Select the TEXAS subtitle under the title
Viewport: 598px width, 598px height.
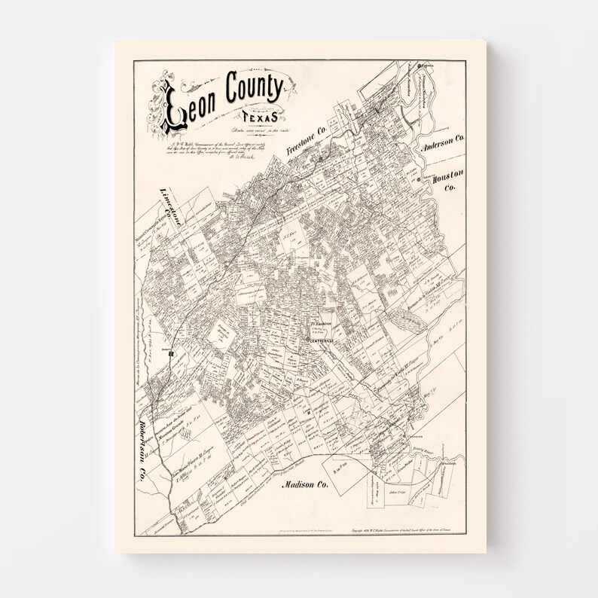click(258, 117)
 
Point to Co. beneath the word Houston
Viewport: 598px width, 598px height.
click(450, 188)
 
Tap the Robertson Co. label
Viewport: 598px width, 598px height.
click(142, 450)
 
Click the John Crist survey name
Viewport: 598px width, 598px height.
click(398, 493)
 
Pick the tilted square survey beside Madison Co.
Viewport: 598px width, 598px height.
click(344, 471)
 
